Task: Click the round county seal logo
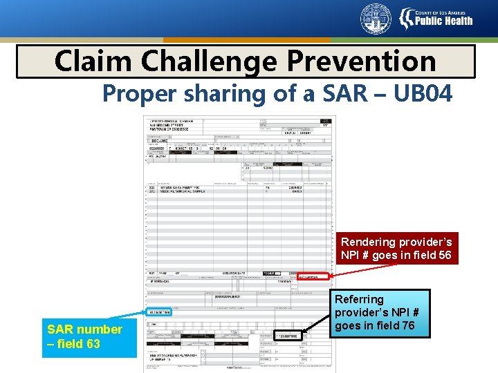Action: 376,19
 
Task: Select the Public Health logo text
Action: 443,21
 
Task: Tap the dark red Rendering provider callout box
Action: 396,249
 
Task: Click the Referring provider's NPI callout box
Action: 381,313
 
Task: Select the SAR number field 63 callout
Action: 84,336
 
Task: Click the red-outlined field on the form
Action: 313,276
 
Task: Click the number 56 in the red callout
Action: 444,256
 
